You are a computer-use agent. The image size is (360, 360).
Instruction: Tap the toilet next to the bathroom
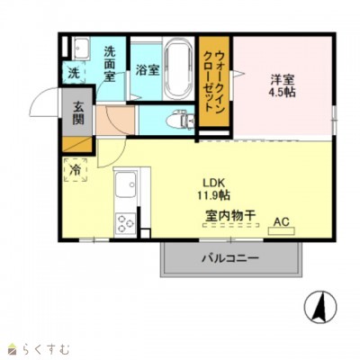pyautogui.click(x=180, y=118)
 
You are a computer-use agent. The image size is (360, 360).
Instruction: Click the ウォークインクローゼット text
pyautogui.click(x=214, y=81)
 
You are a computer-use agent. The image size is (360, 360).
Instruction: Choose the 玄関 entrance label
pyautogui.click(x=77, y=111)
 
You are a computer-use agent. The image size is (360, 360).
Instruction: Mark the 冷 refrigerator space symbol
pyautogui.click(x=76, y=168)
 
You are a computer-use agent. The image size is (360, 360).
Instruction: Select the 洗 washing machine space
pyautogui.click(x=75, y=71)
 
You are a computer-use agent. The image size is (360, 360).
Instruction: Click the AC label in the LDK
pyautogui.click(x=280, y=220)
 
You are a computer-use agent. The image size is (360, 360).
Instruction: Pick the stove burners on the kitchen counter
pyautogui.click(x=123, y=221)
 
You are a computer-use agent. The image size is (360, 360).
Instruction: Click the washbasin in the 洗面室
pyautogui.click(x=79, y=47)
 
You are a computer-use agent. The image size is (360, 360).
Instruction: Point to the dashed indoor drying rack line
pyautogui.click(x=229, y=226)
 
